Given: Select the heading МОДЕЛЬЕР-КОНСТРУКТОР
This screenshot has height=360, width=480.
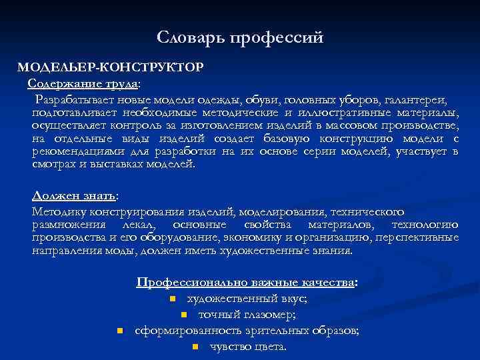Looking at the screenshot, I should [x=111, y=68].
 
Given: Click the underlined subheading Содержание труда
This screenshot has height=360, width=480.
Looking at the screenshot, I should [x=83, y=83].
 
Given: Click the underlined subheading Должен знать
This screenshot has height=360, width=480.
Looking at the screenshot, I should [x=74, y=196].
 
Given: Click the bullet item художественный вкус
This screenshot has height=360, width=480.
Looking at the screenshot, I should [x=247, y=299].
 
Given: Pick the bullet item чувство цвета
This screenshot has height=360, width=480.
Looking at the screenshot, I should [x=248, y=347].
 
